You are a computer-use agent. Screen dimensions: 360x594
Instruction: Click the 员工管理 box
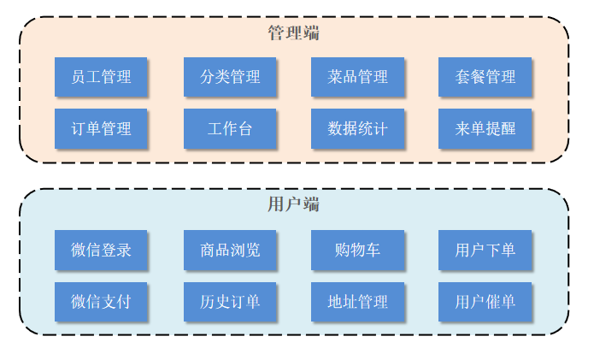point(101,77)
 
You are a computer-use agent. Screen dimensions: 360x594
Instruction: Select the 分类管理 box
point(229,77)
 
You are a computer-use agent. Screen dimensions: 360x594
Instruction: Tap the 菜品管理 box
point(357,77)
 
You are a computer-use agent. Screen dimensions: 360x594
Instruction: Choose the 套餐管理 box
point(485,77)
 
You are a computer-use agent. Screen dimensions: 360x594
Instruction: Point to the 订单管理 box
point(101,129)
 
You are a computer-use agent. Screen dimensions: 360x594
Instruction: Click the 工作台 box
point(229,129)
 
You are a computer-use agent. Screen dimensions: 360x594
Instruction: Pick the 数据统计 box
point(357,129)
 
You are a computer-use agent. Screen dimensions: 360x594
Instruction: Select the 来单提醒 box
point(485,129)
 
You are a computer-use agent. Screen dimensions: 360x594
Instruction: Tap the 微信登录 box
point(101,250)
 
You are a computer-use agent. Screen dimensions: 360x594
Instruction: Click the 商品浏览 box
point(229,250)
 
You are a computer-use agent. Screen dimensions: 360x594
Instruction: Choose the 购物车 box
point(357,250)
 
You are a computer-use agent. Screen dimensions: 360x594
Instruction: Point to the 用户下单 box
point(485,250)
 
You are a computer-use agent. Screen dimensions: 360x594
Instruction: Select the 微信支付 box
point(101,302)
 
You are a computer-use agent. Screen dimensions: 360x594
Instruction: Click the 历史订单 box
point(229,302)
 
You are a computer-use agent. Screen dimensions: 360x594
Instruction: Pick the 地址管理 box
point(357,302)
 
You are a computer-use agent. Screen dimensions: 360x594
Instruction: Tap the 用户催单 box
point(485,302)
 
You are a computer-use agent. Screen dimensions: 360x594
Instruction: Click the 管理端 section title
point(294,33)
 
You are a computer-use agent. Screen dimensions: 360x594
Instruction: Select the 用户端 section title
point(294,204)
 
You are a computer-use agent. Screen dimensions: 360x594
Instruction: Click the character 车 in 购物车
point(373,250)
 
